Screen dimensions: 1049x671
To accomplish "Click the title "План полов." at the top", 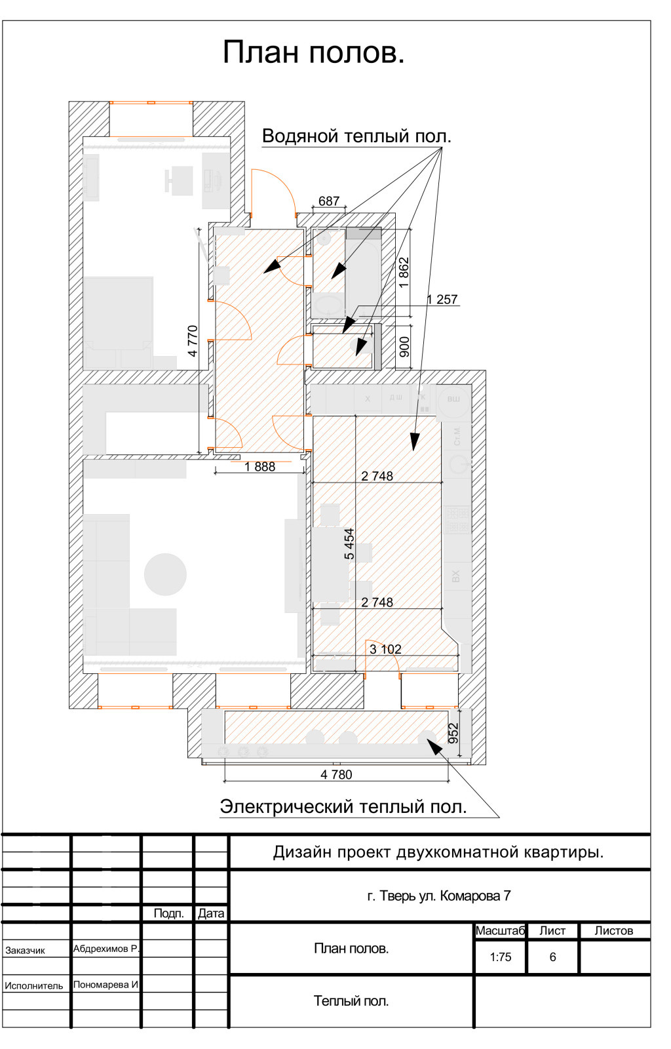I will pos(314,52).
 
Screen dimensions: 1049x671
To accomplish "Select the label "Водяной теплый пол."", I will pos(356,136).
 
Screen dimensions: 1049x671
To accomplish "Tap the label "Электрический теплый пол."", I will pos(343,806).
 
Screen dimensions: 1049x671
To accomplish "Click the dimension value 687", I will pos(329,201).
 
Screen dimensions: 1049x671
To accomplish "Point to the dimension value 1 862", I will pos(404,272).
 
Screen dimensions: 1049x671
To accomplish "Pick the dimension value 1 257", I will pos(442,300).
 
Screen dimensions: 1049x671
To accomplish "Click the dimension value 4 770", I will pos(193,341).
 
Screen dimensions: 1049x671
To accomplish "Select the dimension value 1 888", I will pos(260,467).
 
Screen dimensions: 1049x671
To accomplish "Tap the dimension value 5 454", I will pos(349,544).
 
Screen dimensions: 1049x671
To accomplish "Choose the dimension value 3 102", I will pos(385,649).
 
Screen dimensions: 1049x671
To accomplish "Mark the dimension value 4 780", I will pos(336,774).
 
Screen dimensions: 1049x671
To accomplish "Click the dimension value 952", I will pos(453,733).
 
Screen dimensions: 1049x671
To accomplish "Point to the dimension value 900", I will pos(404,347).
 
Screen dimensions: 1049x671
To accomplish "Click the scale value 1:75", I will pos(501,957).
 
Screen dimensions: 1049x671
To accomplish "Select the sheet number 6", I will pos(552,957).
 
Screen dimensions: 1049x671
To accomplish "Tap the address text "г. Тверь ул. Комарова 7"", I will pos(439,896).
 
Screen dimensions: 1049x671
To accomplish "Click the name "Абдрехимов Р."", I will pos(105,949).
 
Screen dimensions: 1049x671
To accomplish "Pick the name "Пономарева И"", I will pos(105,984).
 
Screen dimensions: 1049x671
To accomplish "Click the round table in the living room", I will pos(165,574).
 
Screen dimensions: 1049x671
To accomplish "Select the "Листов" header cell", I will pos(614,930).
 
